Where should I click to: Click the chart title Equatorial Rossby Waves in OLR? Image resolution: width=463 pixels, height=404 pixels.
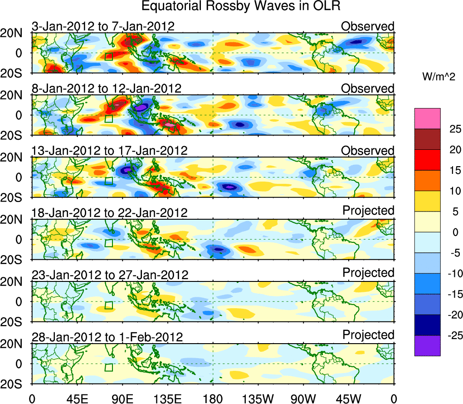click(x=241, y=6)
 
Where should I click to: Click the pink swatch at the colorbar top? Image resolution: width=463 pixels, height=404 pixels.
click(x=427, y=118)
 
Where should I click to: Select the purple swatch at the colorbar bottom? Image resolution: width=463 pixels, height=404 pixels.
click(x=427, y=345)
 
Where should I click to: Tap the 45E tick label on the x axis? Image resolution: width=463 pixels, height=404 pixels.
click(x=76, y=399)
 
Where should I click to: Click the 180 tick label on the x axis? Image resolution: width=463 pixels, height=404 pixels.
click(x=213, y=399)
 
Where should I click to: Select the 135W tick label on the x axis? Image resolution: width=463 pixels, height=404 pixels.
click(x=258, y=399)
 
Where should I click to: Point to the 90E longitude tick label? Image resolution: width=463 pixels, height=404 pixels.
click(x=122, y=399)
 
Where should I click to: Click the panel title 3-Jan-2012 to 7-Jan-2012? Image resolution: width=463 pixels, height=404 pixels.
click(x=103, y=26)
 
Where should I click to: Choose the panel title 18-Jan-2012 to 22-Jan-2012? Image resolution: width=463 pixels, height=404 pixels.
click(x=109, y=212)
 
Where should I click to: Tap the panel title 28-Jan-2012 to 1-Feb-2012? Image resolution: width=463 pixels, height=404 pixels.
click(x=107, y=337)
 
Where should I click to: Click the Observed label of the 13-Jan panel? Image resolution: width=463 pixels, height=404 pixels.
click(x=368, y=151)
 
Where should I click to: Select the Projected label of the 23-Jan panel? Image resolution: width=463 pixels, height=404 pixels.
click(x=368, y=273)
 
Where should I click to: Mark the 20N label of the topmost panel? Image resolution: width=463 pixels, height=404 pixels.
click(x=15, y=34)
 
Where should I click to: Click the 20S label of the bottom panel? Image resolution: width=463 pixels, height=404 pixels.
click(x=15, y=384)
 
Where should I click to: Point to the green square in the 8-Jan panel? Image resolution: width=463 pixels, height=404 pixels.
click(x=108, y=118)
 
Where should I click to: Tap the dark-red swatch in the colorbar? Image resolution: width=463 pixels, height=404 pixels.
click(x=427, y=139)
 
